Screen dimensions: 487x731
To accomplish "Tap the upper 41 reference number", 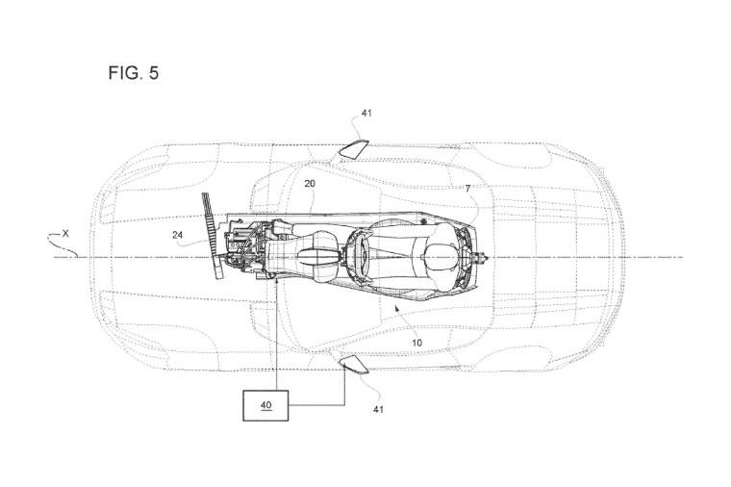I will click(366, 114).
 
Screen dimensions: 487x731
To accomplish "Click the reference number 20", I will click(310, 183).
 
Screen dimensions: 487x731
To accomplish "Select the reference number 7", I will click(468, 190).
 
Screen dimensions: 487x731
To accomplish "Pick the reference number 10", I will click(417, 341).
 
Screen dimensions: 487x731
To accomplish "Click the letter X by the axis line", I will click(65, 233).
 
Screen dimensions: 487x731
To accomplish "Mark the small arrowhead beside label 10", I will click(395, 309).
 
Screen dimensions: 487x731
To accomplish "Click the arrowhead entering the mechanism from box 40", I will click(276, 279).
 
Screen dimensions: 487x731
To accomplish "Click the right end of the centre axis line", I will click(681, 257).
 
